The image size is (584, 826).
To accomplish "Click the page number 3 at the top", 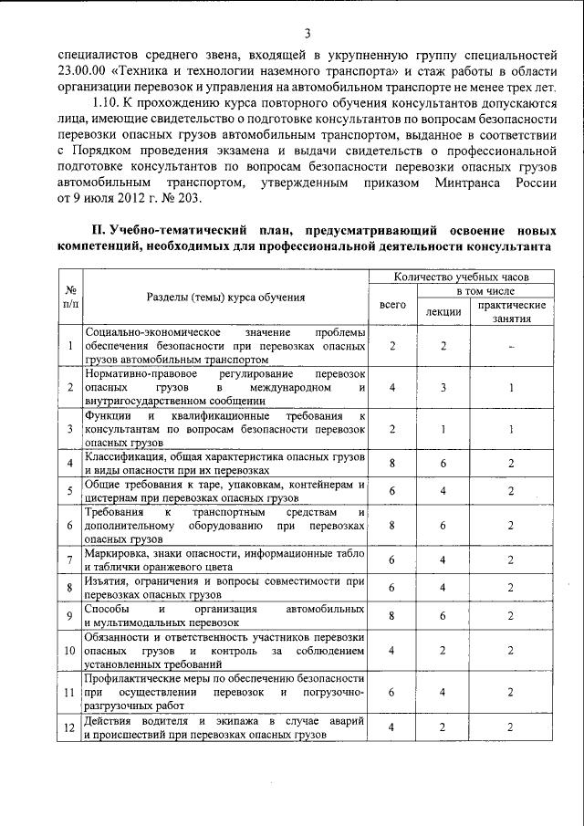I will [x=308, y=34].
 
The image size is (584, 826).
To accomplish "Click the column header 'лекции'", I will [x=443, y=313].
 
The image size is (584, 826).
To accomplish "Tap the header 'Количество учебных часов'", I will [x=461, y=276].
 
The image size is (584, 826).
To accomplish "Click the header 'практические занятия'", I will [x=512, y=311].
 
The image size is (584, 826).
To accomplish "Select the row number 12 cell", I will [x=69, y=727].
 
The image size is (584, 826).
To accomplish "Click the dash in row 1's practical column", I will [x=512, y=347].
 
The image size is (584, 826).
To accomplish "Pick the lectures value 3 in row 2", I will [x=443, y=387].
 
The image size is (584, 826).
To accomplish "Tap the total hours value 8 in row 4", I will [x=391, y=464].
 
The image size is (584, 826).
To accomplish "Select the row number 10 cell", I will [x=69, y=651].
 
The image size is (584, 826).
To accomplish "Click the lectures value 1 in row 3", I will [x=443, y=428].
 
